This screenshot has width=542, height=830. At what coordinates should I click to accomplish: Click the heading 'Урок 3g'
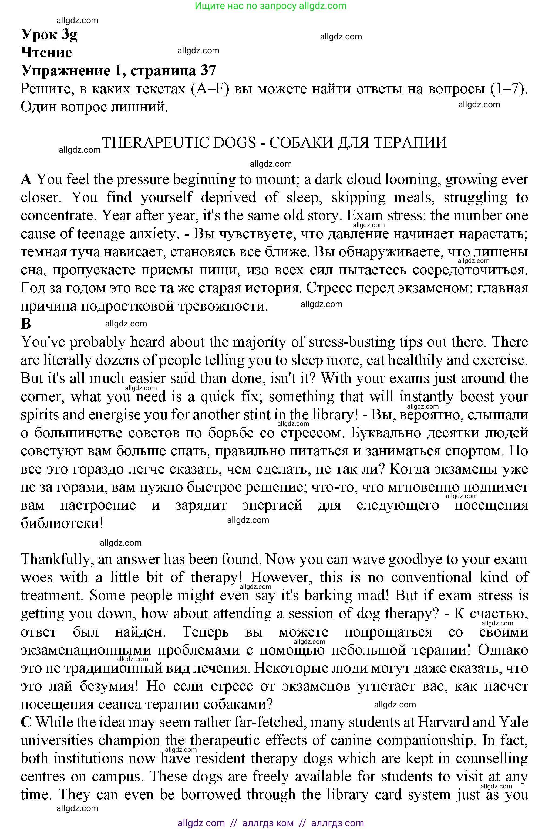click(x=49, y=34)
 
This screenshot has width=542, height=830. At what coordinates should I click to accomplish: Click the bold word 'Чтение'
click(x=46, y=52)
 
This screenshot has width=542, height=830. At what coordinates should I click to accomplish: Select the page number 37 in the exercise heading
click(x=208, y=70)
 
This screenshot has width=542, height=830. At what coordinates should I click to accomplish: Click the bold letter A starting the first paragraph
click(x=26, y=179)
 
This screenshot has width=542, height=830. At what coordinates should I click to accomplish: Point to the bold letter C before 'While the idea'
click(x=26, y=723)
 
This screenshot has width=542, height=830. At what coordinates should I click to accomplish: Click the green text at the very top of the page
click(x=271, y=6)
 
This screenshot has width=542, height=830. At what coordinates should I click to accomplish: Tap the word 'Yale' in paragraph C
click(x=513, y=723)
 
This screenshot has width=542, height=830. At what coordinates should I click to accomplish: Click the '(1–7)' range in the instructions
click(x=509, y=89)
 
